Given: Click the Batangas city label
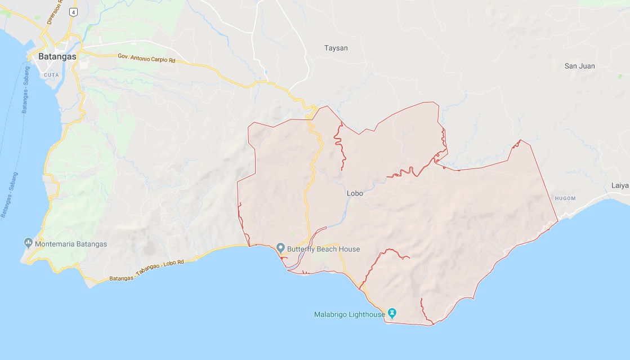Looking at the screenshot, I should click(57, 56).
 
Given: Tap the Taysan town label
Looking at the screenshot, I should click(336, 48).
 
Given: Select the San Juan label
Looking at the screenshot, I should click(579, 66).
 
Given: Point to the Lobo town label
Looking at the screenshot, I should click(355, 193).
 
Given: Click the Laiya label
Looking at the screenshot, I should click(620, 185).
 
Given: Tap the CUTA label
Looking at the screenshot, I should click(51, 75).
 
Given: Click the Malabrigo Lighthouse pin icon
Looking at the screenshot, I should click(393, 314).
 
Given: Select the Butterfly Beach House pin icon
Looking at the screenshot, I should click(280, 248).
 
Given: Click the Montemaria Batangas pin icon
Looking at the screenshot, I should click(28, 243).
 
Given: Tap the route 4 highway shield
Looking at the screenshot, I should click(73, 11).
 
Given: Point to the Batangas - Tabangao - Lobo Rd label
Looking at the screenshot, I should click(150, 272).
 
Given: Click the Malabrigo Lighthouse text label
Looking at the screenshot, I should click(349, 314).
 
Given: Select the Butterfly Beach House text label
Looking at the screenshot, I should click(323, 249).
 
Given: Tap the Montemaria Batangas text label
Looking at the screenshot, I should click(70, 244).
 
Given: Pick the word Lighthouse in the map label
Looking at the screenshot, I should click(366, 314).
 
